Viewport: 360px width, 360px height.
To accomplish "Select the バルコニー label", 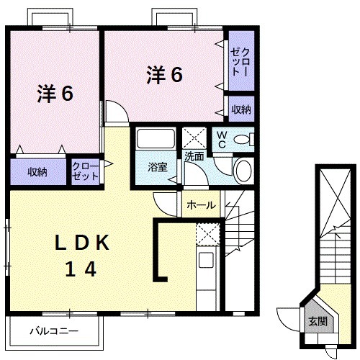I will [53, 332].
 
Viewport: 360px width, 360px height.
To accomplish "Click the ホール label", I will [200, 205].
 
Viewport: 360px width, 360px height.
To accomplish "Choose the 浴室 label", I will [157, 168].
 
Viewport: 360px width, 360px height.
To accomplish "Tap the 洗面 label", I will [193, 156].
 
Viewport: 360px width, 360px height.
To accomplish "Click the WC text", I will [222, 139].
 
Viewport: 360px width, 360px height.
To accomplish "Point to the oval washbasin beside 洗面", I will [243, 171].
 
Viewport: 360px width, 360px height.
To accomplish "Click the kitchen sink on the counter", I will [206, 260].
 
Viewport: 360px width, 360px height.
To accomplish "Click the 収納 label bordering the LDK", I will [37, 172].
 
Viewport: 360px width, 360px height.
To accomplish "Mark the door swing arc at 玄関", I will [288, 317].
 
